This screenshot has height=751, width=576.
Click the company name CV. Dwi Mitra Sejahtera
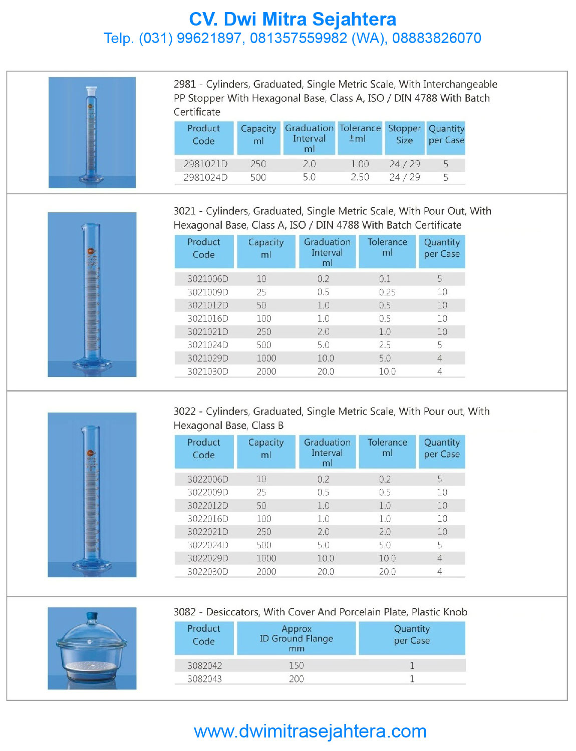click(293, 20)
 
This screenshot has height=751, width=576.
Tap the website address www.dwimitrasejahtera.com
click(310, 731)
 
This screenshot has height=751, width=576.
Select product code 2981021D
click(205, 164)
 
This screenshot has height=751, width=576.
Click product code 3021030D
click(208, 371)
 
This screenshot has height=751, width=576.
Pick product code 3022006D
click(208, 479)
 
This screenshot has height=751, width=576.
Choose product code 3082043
click(205, 679)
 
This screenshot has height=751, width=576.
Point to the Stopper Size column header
click(404, 134)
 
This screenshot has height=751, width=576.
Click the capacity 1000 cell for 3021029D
click(266, 358)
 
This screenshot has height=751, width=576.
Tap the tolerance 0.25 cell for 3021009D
click(387, 292)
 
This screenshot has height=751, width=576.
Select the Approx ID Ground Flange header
click(296, 638)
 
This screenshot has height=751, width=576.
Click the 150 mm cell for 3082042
click(296, 665)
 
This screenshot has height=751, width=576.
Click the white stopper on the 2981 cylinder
click(91, 92)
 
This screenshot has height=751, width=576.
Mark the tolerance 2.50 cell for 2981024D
click(360, 177)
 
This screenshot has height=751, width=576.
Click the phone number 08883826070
click(436, 38)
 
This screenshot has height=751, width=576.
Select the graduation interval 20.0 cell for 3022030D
click(326, 571)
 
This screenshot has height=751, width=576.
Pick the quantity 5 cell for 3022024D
click(439, 545)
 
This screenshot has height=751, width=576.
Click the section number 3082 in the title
click(184, 612)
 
